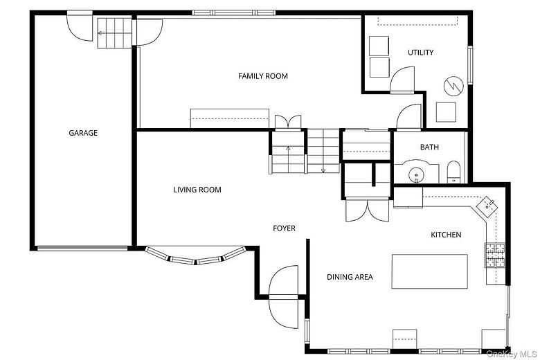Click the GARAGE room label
[82, 133]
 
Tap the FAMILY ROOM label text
[263, 76]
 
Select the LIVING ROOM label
[197, 190]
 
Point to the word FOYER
[284, 228]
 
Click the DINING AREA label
[350, 277]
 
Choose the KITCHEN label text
[446, 235]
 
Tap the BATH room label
[429, 147]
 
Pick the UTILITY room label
[420, 53]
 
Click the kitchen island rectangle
[429, 271]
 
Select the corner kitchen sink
[489, 204]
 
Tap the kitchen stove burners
[496, 255]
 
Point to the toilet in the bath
[454, 172]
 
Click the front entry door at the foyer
[284, 285]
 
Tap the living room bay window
[197, 258]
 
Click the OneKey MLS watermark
[512, 354]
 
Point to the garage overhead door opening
[82, 247]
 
